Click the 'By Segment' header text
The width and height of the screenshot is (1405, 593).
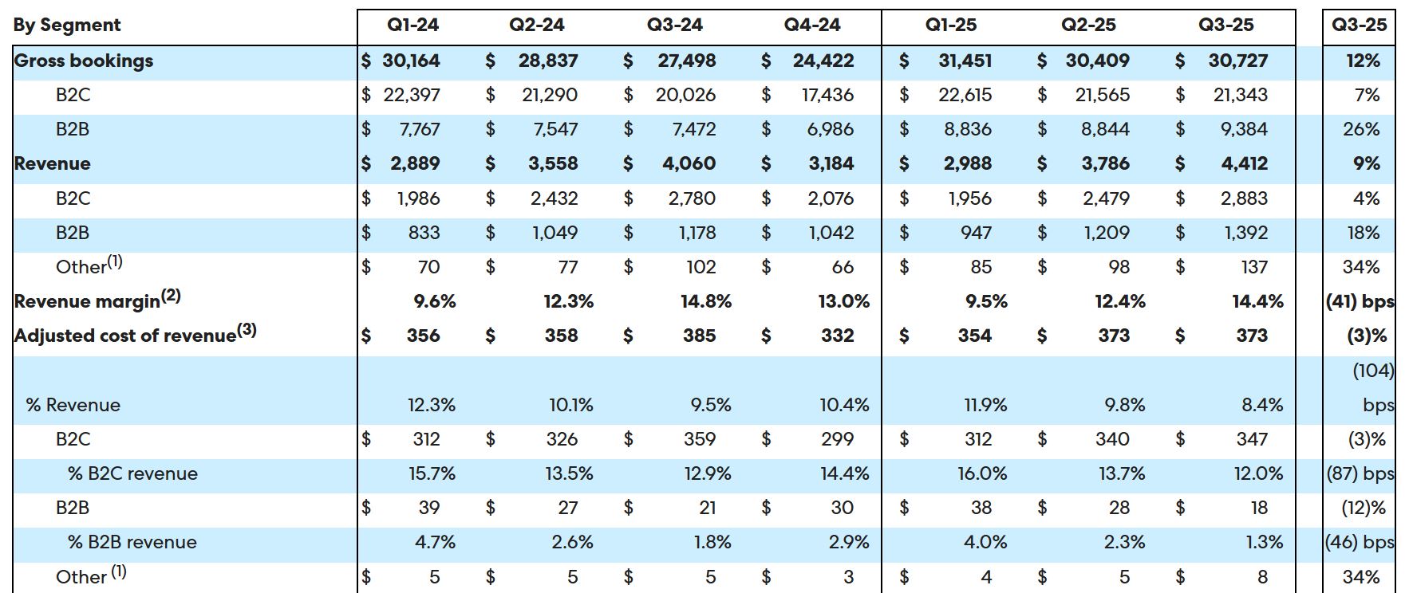pyautogui.click(x=67, y=25)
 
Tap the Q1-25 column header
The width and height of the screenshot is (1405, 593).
pyautogui.click(x=950, y=25)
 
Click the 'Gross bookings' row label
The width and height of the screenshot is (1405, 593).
pyautogui.click(x=84, y=61)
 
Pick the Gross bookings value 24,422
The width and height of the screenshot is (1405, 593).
pyautogui.click(x=823, y=61)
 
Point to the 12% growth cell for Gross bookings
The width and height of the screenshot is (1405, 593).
pyautogui.click(x=1362, y=61)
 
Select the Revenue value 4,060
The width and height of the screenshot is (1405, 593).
pyautogui.click(x=689, y=163)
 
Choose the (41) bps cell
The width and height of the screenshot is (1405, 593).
pyautogui.click(x=1360, y=301)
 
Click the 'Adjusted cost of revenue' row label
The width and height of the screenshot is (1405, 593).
pyautogui.click(x=135, y=335)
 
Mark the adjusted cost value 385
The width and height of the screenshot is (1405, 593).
pyautogui.click(x=699, y=336)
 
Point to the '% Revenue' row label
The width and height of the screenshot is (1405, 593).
pyautogui.click(x=73, y=405)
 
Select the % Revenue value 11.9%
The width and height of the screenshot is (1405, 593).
pyautogui.click(x=985, y=405)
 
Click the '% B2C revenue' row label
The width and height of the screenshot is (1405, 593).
pyautogui.click(x=132, y=473)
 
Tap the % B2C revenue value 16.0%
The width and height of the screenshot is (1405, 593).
pyautogui.click(x=982, y=473)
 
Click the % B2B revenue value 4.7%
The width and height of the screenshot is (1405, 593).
pyautogui.click(x=435, y=542)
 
